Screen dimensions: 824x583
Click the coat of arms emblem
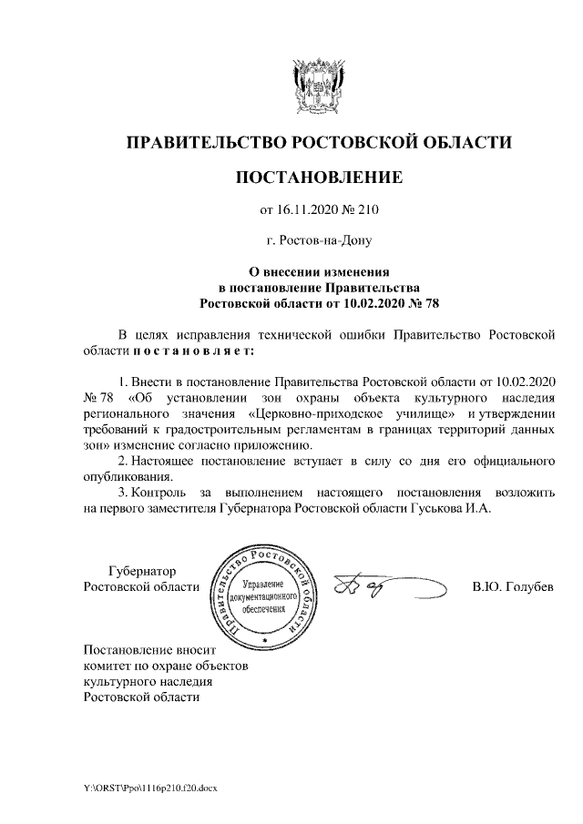point(318,86)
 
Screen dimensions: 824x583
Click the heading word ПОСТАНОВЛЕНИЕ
point(318,177)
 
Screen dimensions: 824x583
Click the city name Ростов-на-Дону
point(318,242)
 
